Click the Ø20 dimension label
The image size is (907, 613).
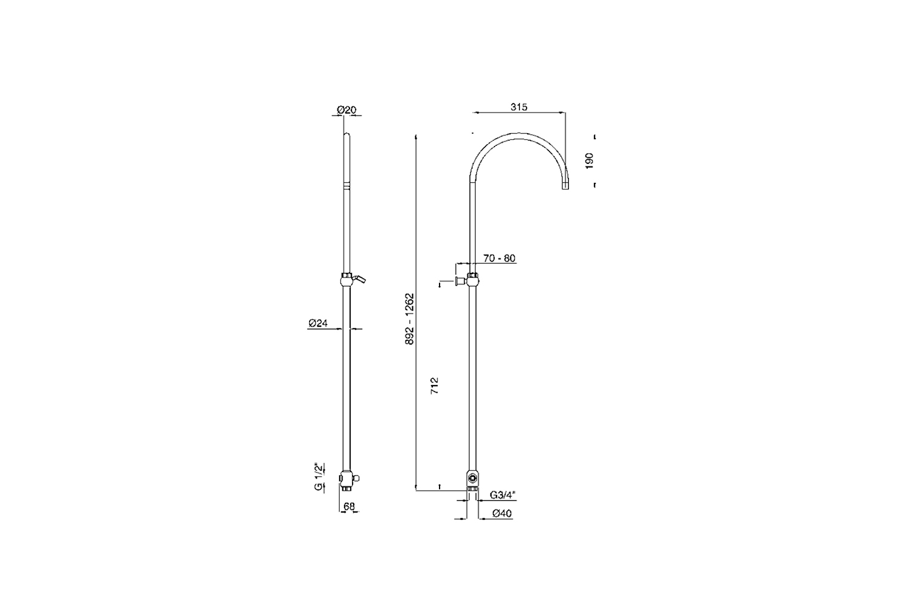(346, 110)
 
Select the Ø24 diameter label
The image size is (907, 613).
(318, 323)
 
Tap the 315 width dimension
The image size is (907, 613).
(519, 107)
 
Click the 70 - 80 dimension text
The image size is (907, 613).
(499, 258)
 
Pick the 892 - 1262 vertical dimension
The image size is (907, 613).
(410, 319)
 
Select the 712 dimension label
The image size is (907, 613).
(435, 386)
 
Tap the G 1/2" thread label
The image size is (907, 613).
(319, 476)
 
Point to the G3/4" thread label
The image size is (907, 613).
(502, 494)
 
